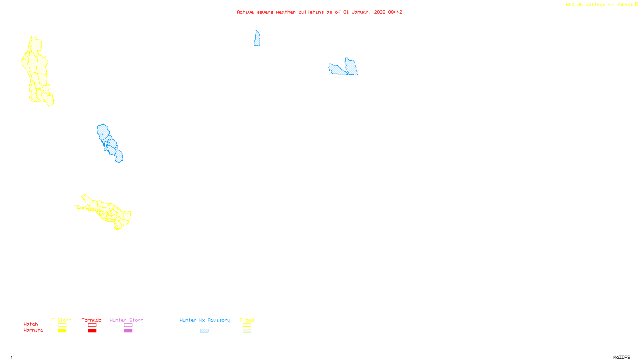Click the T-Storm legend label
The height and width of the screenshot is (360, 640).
tap(62, 320)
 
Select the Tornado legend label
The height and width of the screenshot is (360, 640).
tap(92, 320)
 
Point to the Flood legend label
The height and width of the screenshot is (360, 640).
tap(247, 320)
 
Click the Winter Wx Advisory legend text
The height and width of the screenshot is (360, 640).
tap(205, 320)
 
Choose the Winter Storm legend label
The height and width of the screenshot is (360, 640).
tap(126, 320)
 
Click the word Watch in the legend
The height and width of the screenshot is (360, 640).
tap(31, 324)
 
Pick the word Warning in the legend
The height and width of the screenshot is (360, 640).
tap(34, 330)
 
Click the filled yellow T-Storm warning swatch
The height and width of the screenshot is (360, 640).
tap(62, 331)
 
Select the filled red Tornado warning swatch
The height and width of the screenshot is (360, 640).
tap(92, 331)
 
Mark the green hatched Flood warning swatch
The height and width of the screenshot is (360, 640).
tap(247, 331)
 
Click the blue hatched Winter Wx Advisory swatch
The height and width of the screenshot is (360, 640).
tap(204, 331)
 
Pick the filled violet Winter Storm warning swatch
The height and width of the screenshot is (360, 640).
tap(128, 331)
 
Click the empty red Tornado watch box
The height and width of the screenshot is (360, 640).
tap(92, 325)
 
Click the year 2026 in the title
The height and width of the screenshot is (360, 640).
tap(380, 12)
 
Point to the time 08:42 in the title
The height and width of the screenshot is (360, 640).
tap(395, 12)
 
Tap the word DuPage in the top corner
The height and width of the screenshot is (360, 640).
tap(624, 5)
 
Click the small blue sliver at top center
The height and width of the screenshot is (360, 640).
tap(257, 39)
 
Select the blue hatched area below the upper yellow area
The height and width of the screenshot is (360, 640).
tap(110, 143)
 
